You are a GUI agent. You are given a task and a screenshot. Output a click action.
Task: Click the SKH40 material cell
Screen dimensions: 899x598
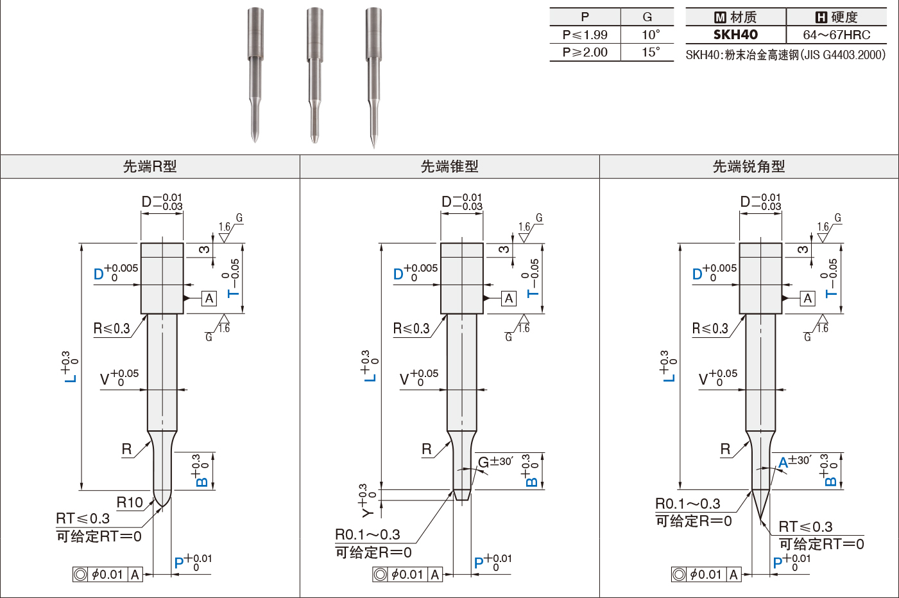pyautogui.click(x=735, y=35)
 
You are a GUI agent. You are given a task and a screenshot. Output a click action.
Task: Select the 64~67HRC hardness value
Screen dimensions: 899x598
pyautogui.click(x=836, y=35)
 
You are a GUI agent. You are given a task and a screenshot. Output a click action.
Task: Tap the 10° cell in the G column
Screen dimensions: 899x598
pyautogui.click(x=651, y=35)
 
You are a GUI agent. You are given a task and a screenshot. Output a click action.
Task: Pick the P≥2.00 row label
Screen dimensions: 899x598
pyautogui.click(x=585, y=52)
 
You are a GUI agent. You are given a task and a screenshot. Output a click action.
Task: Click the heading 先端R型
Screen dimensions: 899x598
pyautogui.click(x=150, y=166)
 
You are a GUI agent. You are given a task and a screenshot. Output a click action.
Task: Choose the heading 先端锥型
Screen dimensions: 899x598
pyautogui.click(x=449, y=166)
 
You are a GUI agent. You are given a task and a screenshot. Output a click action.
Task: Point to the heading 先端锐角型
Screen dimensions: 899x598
pyautogui.click(x=749, y=166)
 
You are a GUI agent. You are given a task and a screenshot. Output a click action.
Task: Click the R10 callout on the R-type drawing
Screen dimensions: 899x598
pyautogui.click(x=130, y=502)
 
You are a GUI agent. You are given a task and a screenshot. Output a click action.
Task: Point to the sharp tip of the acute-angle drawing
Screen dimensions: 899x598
pyautogui.click(x=760, y=523)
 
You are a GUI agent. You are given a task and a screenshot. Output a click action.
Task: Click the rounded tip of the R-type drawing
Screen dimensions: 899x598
pyautogui.click(x=162, y=506)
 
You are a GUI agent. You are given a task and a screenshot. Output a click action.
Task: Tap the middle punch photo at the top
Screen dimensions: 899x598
pyautogui.click(x=315, y=75)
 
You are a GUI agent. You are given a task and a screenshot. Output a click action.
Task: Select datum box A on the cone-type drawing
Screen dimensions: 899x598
pyautogui.click(x=509, y=299)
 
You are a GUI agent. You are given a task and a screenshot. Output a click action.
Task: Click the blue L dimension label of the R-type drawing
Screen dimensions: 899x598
pyautogui.click(x=69, y=367)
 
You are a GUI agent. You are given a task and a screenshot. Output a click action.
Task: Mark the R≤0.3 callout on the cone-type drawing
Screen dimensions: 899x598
pyautogui.click(x=411, y=328)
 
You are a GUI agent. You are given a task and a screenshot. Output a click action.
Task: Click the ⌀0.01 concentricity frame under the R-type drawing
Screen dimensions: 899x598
pyautogui.click(x=108, y=574)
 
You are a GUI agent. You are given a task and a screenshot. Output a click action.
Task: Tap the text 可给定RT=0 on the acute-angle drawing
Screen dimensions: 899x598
pyautogui.click(x=821, y=544)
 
